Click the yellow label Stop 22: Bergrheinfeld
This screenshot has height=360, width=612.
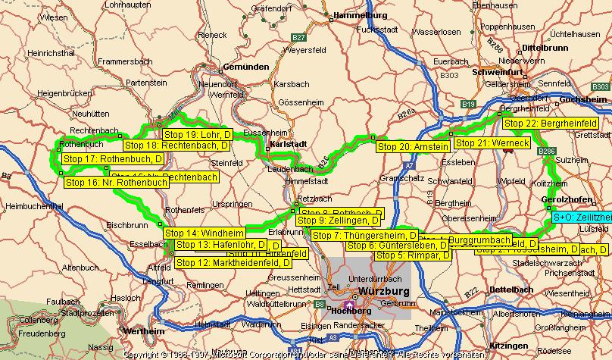point(550,124)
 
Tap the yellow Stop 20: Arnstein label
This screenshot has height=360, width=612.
point(413,146)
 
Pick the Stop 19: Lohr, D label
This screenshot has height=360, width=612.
point(196,135)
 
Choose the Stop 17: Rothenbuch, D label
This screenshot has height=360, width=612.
point(113,159)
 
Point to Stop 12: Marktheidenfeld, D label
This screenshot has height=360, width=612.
point(233,263)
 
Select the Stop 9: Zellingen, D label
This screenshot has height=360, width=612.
point(338,221)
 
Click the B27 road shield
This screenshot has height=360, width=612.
point(300,36)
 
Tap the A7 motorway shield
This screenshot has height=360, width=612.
point(409,164)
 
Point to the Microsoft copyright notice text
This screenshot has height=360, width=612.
point(303,354)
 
